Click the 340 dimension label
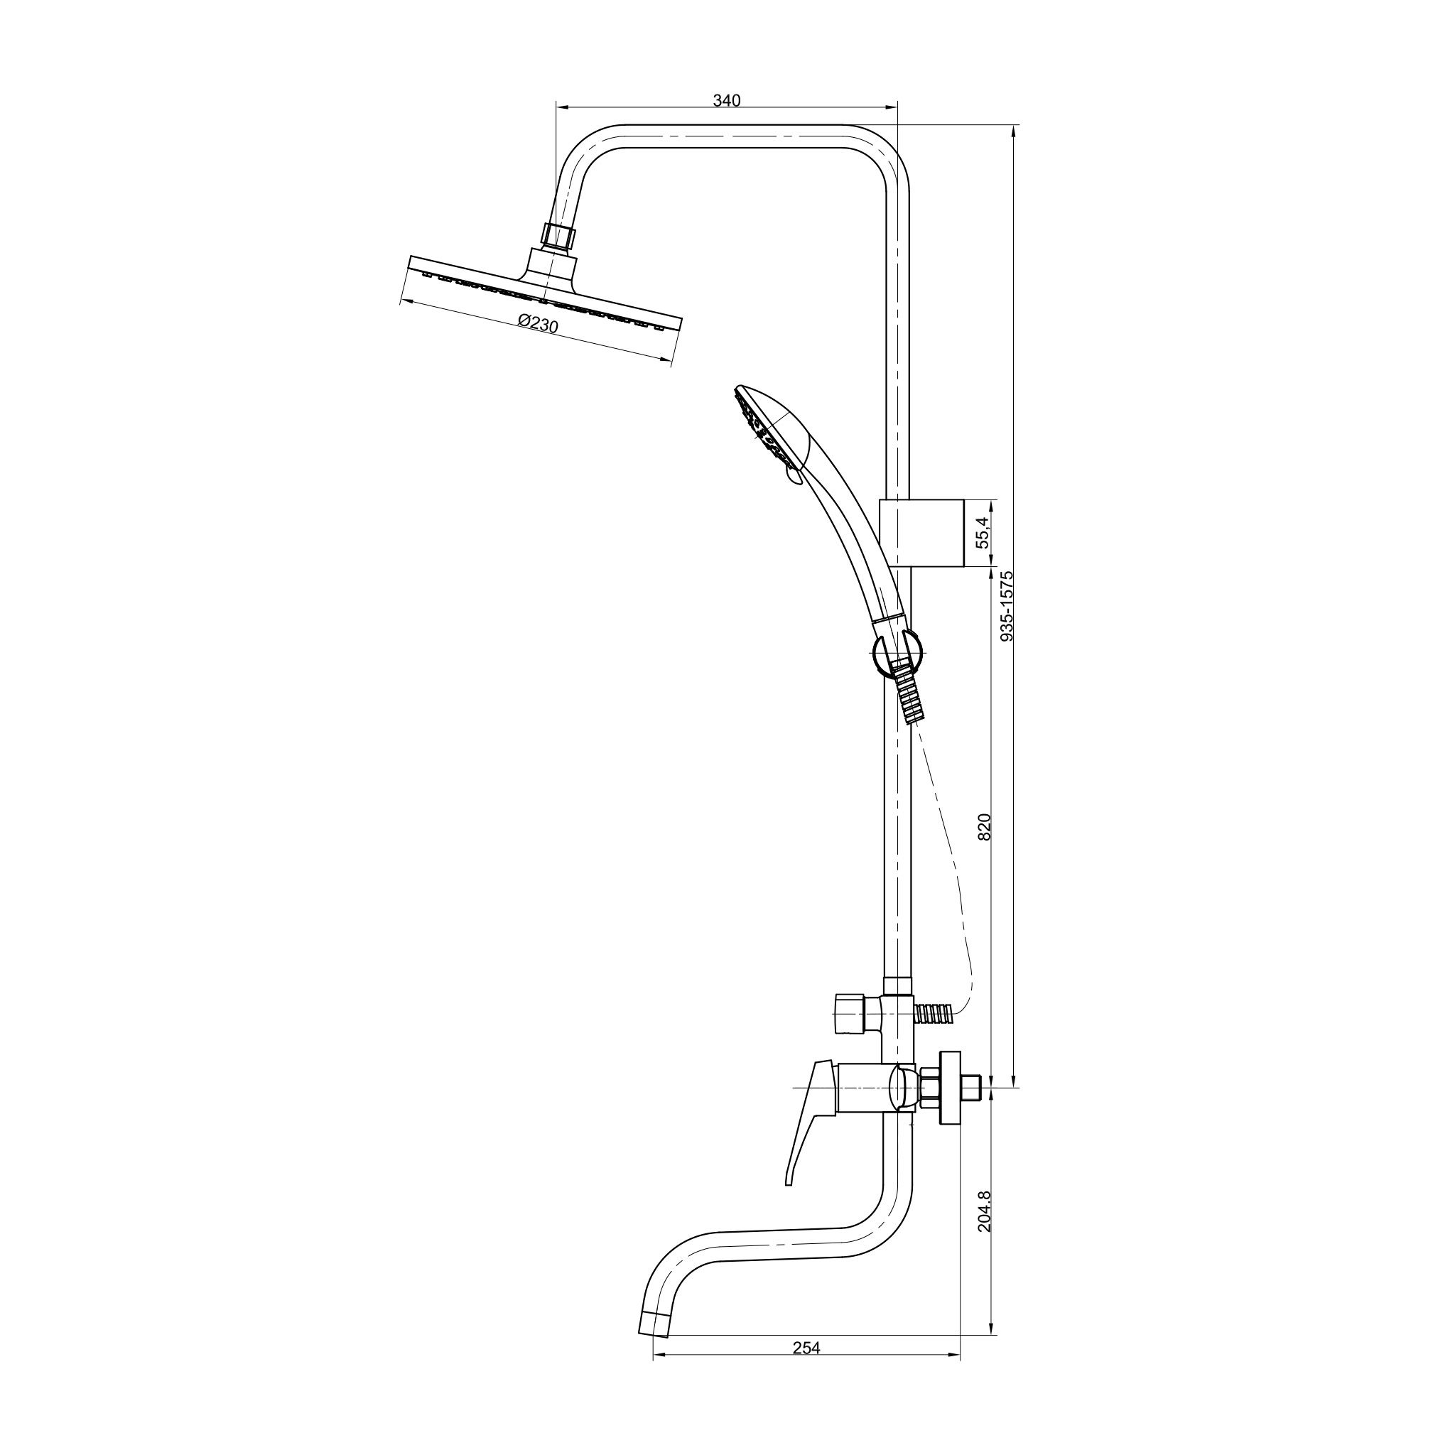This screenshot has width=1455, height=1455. coord(727,101)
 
